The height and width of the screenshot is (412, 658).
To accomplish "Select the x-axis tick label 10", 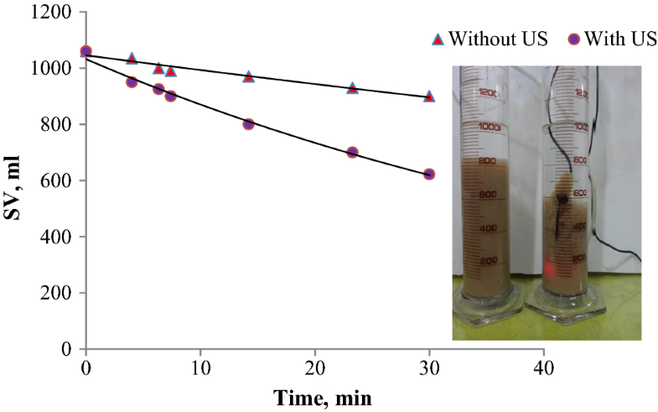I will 199,367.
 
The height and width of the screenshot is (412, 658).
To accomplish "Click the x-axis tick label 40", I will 544,367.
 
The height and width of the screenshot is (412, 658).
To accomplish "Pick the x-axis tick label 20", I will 314,367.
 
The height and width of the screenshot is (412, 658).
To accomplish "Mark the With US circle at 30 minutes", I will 429,174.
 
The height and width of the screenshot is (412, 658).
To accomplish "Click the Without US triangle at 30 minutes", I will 429,96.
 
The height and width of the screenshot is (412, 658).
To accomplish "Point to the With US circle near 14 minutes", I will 248,123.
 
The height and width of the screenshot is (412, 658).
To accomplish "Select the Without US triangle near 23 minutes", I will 352,87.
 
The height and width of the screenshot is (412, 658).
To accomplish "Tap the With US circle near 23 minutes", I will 352,152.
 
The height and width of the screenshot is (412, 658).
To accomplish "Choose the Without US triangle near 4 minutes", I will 131,58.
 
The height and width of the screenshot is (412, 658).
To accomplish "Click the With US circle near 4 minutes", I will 131,81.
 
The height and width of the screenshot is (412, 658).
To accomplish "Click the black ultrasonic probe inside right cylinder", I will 562,200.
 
